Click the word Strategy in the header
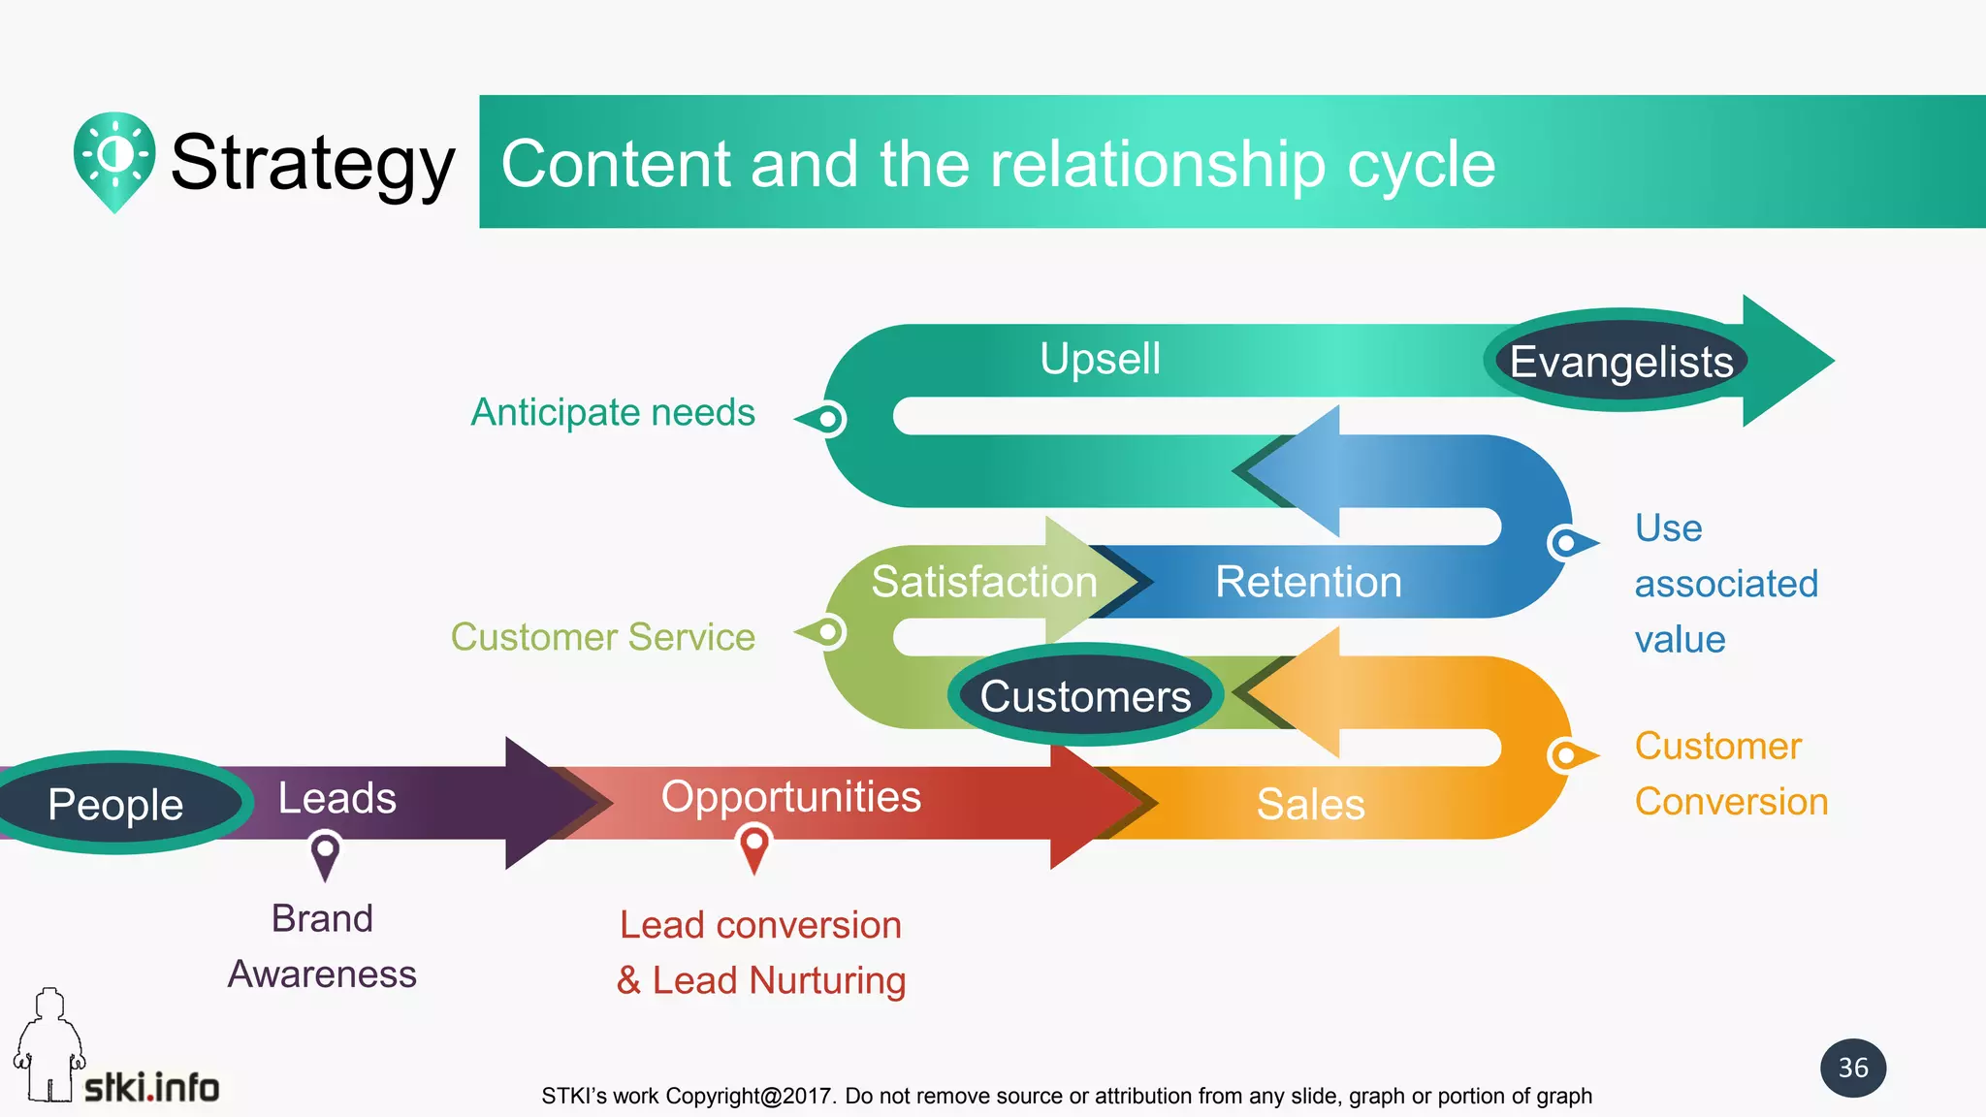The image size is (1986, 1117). click(312, 163)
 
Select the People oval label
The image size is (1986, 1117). click(116, 804)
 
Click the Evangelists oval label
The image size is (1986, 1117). click(1620, 362)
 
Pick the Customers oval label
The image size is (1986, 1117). click(1085, 696)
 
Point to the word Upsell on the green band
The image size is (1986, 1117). click(1100, 359)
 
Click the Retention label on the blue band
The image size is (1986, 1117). click(1308, 582)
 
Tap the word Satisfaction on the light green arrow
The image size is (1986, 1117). click(983, 582)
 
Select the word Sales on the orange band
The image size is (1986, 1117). click(1310, 804)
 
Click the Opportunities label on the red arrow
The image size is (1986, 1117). click(790, 797)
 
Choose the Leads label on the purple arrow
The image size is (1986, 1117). click(336, 798)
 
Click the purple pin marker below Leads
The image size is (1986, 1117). click(325, 852)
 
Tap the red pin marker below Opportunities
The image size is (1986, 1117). click(753, 846)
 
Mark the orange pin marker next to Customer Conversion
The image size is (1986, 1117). click(1567, 754)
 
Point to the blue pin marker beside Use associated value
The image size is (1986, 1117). click(1567, 542)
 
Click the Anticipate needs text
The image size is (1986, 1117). click(612, 412)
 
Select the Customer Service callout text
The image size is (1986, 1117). click(602, 637)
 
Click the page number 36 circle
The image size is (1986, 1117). click(1852, 1068)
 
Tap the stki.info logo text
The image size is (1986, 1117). click(151, 1088)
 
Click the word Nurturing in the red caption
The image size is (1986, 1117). click(826, 980)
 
